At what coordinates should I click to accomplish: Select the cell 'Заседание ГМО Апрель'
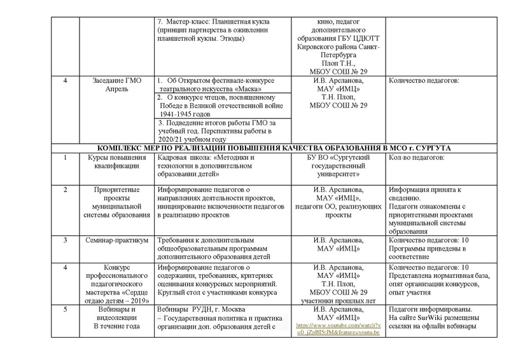[115, 85]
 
